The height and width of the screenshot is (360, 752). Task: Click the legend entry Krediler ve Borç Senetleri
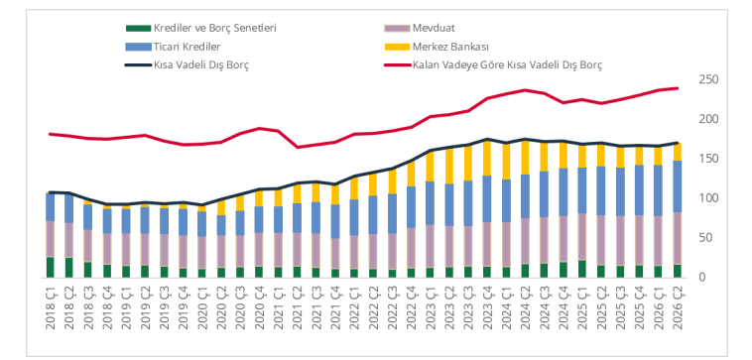(201, 28)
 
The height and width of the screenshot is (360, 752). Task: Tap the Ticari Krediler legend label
(174, 47)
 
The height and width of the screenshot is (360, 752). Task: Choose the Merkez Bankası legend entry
(437, 47)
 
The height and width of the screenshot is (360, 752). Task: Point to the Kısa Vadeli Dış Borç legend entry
(188, 65)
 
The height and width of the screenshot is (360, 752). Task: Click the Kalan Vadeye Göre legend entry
(493, 65)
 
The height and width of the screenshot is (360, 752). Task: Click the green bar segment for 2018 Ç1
(51, 267)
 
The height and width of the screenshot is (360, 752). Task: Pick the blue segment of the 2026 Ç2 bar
(678, 186)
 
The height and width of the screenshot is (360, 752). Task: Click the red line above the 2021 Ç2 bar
(297, 147)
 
